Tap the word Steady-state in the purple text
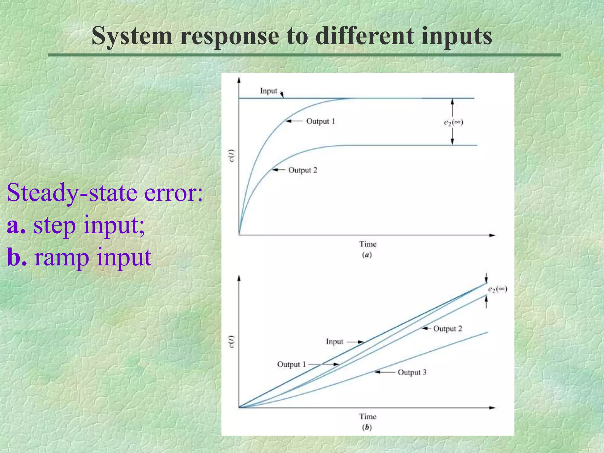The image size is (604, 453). [x=72, y=193]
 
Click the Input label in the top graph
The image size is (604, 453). [x=268, y=91]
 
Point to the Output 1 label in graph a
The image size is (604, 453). [x=321, y=121]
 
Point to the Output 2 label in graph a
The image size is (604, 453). [x=303, y=170]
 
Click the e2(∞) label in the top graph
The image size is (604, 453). [x=454, y=122]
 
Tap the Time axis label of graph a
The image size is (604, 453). [x=368, y=244]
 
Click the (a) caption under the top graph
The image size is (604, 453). [x=367, y=255]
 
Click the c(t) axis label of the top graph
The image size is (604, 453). [x=232, y=156]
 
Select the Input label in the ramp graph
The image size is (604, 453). [x=334, y=342]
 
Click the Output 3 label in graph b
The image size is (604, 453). [x=412, y=372]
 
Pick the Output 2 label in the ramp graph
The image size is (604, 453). [x=447, y=329]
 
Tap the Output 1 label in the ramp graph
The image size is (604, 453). [x=291, y=365]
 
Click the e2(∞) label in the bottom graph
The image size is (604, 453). [x=498, y=289]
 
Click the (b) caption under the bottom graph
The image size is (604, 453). [x=367, y=427]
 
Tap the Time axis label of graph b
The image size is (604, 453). [x=368, y=416]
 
